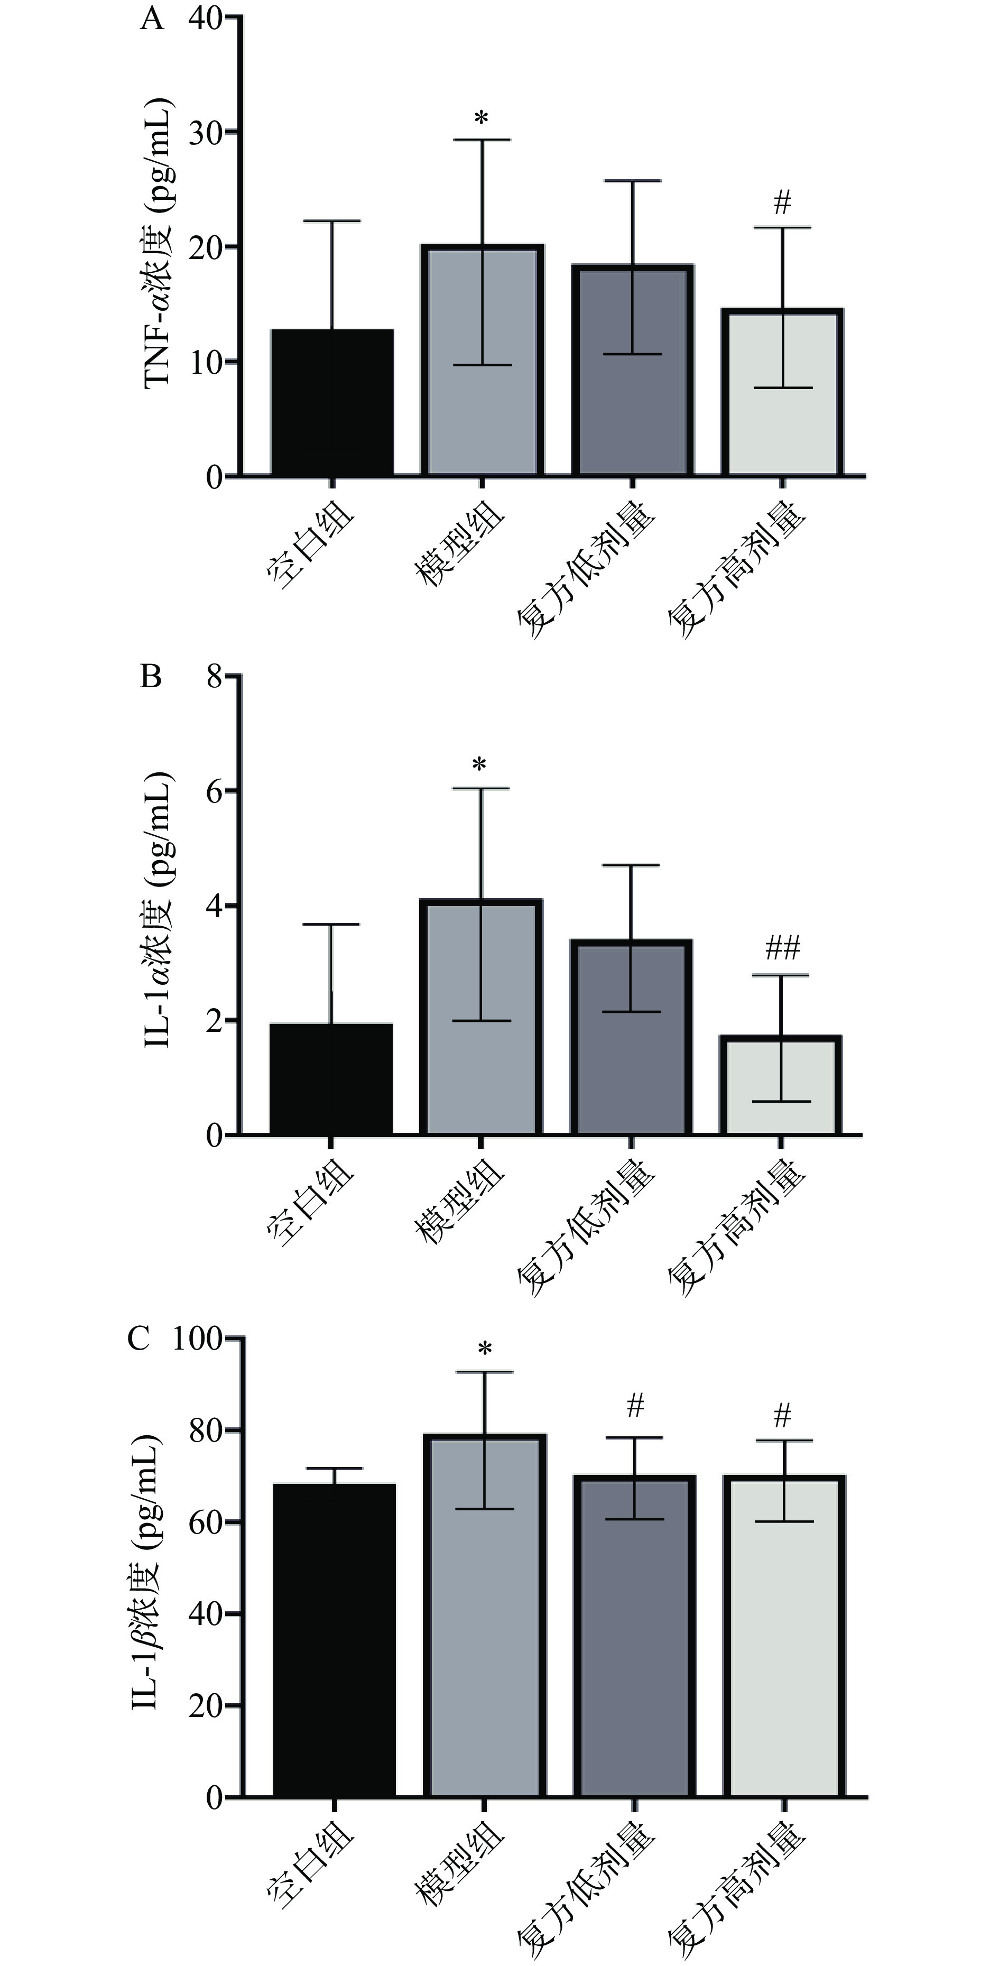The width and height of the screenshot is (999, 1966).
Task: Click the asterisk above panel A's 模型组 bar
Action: pyautogui.click(x=481, y=119)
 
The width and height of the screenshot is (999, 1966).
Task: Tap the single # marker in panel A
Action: pyautogui.click(x=782, y=203)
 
